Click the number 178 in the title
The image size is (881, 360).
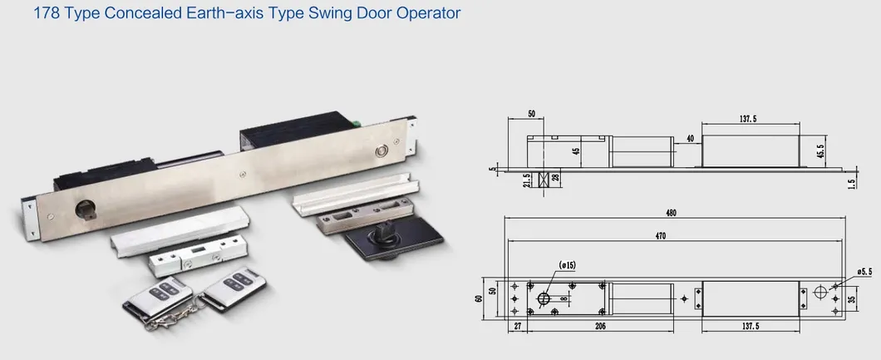tap(46, 13)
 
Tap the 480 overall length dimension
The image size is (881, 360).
tap(672, 213)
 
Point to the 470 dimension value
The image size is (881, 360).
tap(660, 236)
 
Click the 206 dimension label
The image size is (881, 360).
tap(600, 326)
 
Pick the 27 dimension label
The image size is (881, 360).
tap(517, 326)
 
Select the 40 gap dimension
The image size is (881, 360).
tap(690, 138)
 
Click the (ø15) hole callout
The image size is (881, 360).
tap(567, 264)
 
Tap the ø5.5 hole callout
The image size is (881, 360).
tap(864, 271)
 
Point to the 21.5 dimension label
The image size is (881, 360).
tap(526, 181)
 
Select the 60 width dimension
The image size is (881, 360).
tap(479, 298)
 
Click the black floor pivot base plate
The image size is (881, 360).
tap(394, 239)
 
